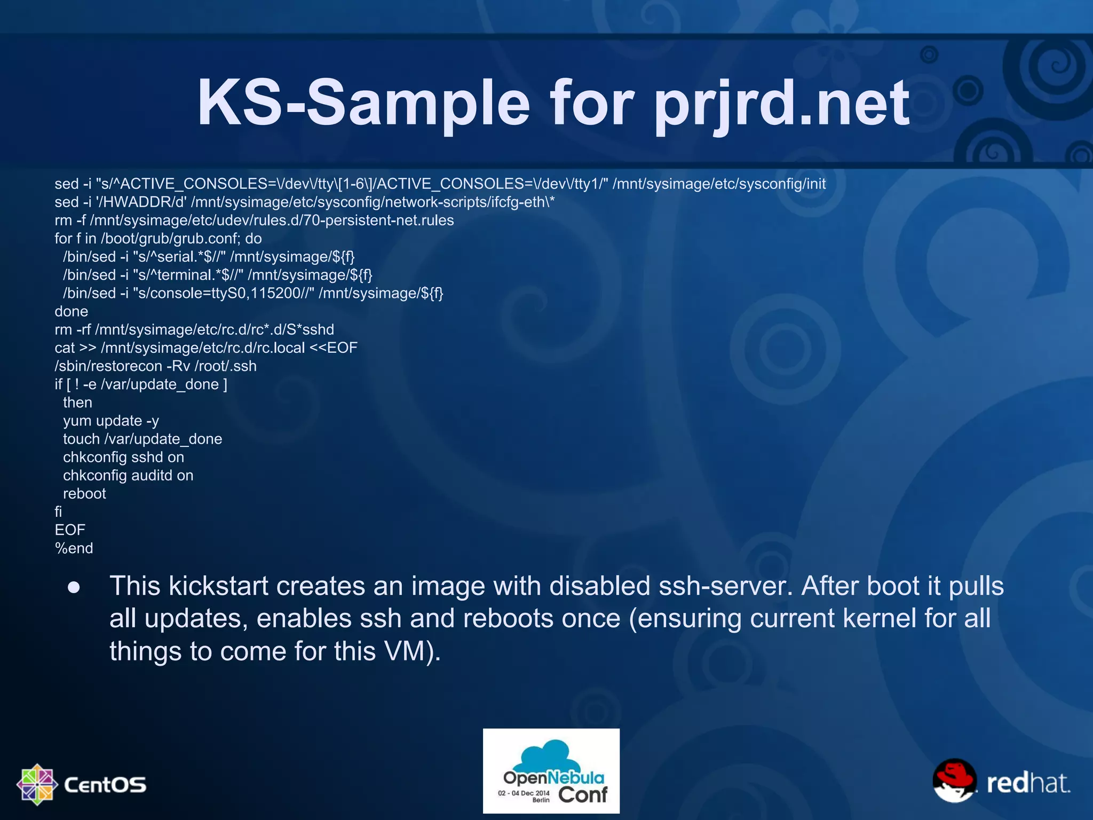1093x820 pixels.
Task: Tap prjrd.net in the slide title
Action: (x=781, y=102)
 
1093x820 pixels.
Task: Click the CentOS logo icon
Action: (x=37, y=784)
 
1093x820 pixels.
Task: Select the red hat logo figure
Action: (x=955, y=780)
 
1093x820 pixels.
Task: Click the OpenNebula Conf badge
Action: (x=551, y=771)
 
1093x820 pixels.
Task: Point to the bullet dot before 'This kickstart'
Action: (x=74, y=588)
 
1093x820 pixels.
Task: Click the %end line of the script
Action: (x=74, y=548)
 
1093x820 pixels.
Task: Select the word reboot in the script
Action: (x=84, y=494)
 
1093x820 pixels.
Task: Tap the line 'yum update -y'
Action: (x=111, y=421)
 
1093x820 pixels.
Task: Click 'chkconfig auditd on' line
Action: (x=128, y=475)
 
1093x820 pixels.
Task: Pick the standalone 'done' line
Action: (x=71, y=311)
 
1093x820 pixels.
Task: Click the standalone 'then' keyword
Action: (x=77, y=403)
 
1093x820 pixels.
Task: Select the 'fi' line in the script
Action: (x=58, y=512)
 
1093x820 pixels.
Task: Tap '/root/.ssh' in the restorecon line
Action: (x=225, y=366)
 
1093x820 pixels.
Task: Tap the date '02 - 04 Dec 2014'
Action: (x=523, y=793)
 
